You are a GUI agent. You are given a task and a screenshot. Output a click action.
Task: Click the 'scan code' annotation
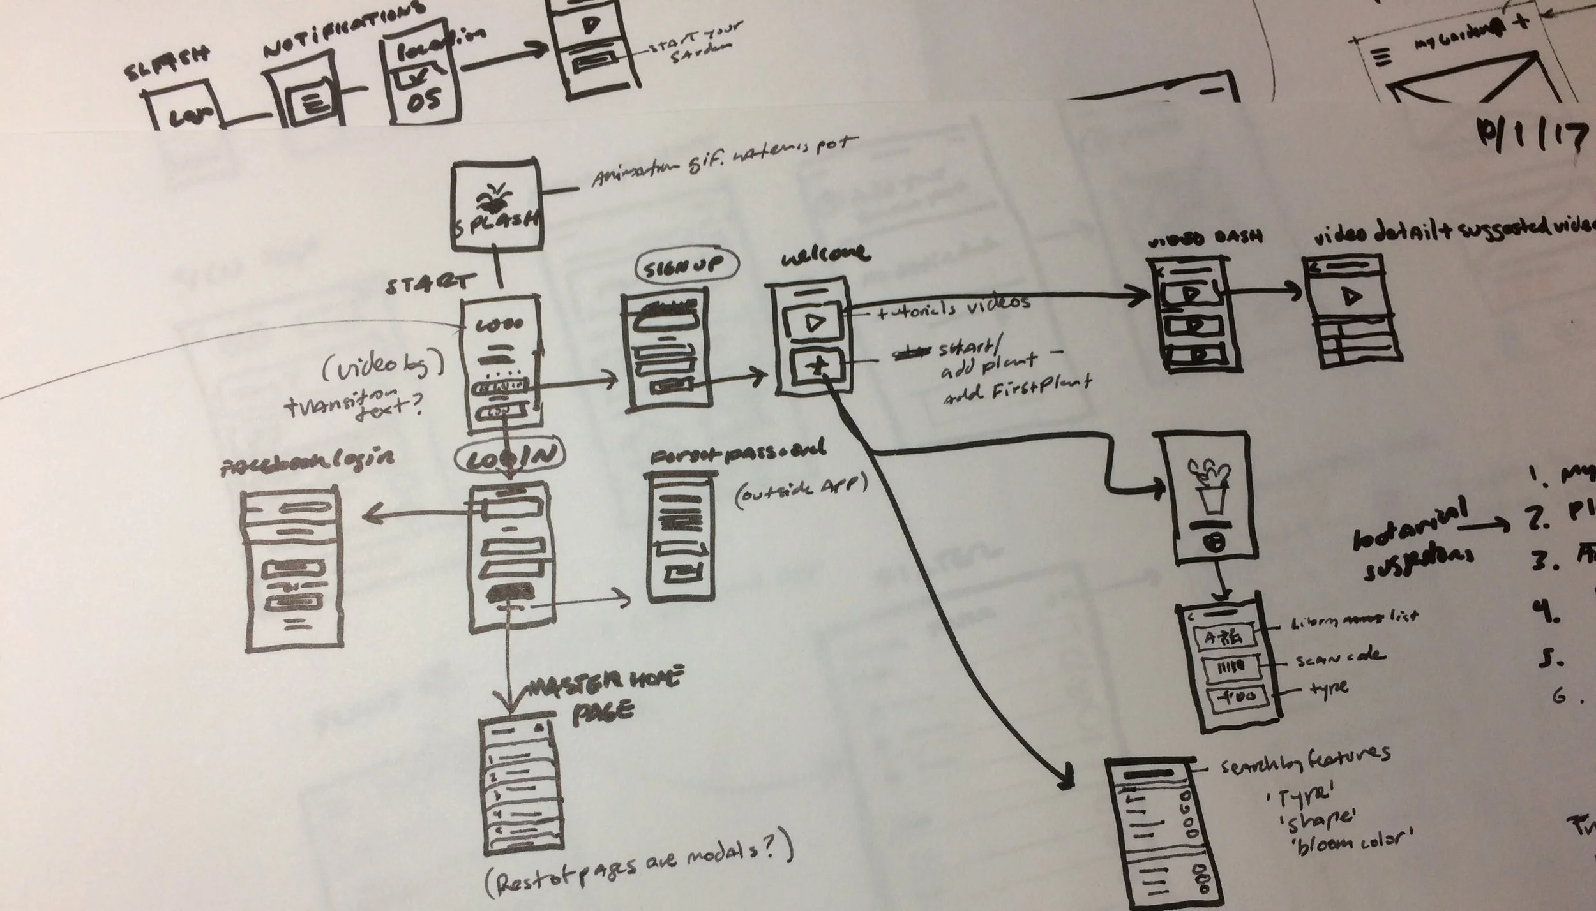pos(1339,657)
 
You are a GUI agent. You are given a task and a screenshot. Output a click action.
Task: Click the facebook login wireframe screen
pos(291,571)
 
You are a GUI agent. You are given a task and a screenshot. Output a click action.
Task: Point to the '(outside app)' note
pos(801,492)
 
